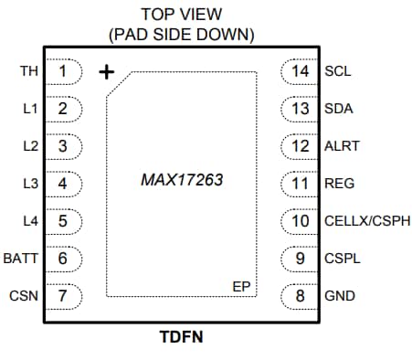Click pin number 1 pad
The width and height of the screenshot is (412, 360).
(63, 70)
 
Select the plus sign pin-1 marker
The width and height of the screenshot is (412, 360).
(106, 71)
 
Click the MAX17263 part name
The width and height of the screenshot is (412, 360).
(182, 180)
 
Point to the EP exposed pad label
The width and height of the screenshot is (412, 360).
(241, 287)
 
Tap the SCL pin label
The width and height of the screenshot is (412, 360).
(338, 70)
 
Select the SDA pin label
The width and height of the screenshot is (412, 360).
(339, 108)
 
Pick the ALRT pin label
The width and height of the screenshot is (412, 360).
(342, 145)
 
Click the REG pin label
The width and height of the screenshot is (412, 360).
(339, 183)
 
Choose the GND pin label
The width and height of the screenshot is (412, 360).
(339, 295)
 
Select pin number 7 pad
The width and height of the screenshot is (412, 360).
(63, 295)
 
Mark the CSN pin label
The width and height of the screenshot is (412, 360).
(24, 295)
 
